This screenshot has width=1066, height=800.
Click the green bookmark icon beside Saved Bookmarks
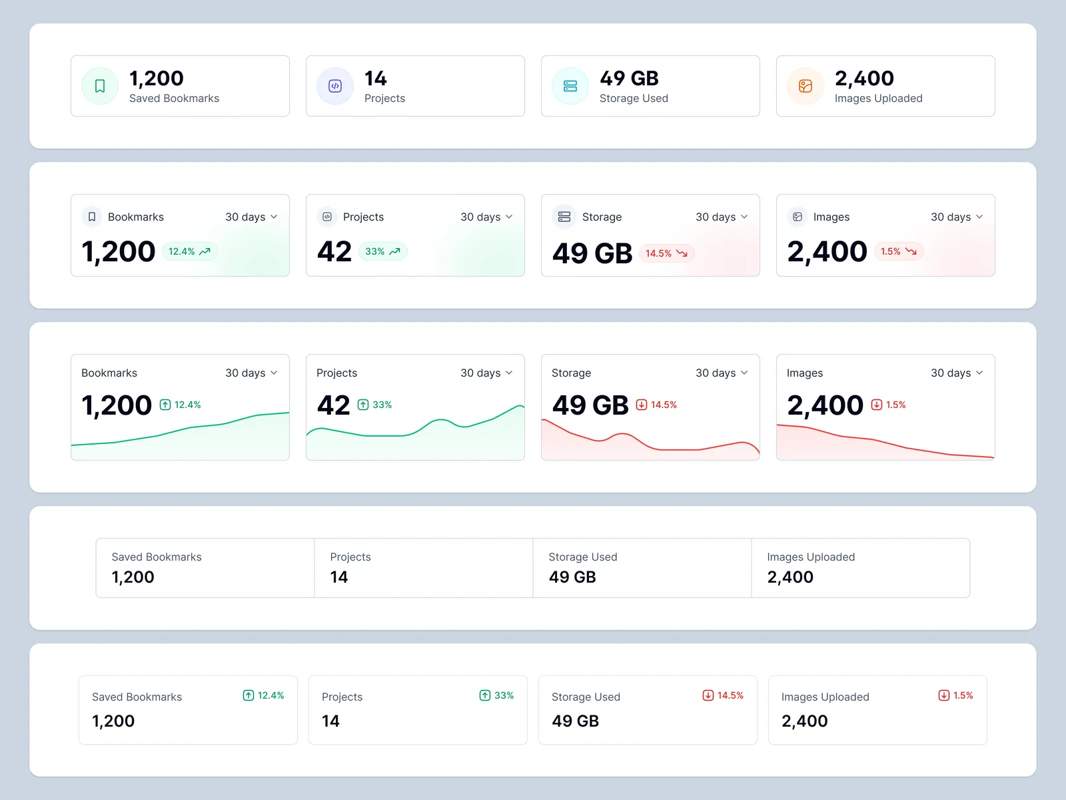100,86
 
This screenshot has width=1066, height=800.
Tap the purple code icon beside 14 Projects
335,86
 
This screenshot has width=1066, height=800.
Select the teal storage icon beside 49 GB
570,86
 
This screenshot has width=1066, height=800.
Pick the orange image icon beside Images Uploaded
805,86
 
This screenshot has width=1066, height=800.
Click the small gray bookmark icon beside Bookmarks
92,217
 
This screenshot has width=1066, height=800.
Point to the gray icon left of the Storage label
564,217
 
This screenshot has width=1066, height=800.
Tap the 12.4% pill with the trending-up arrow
189,251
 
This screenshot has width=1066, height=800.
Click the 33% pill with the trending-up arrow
382,251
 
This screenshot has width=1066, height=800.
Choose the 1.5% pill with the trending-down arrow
898,251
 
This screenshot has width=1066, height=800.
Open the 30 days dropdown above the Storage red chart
722,373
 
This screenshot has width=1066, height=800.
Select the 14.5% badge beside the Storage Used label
723,695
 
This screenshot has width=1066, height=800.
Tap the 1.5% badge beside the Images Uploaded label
956,695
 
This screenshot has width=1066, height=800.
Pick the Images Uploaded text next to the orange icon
878,99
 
